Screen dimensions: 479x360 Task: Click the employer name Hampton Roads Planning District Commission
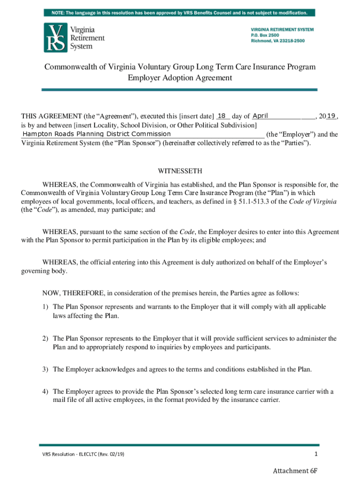pos(97,134)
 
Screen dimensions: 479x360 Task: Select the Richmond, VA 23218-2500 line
pos(278,41)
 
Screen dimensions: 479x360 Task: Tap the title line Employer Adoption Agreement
pos(180,78)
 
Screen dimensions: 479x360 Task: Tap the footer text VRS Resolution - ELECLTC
pos(68,454)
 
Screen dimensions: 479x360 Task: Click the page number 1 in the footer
pos(316,454)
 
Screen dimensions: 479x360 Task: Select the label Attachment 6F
pos(296,471)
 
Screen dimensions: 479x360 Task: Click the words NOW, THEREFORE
pos(73,293)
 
